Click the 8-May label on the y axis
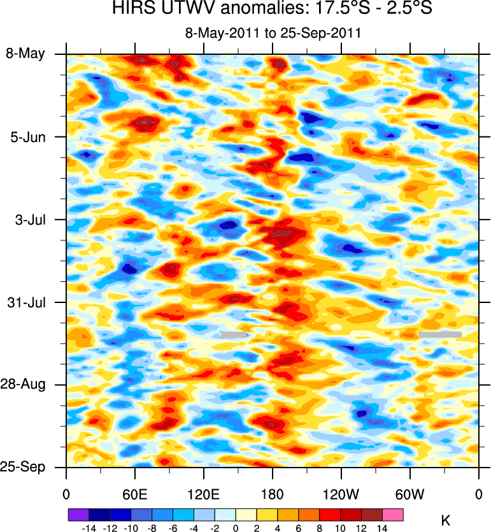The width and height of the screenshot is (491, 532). [x=25, y=54]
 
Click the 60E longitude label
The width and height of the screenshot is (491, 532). [x=135, y=494]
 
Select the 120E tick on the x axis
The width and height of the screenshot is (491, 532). [x=204, y=494]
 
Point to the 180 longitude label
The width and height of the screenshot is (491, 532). [x=273, y=494]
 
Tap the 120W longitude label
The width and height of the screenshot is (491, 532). [x=341, y=494]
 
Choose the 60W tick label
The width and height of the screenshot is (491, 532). [x=410, y=494]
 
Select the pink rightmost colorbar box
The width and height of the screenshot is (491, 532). [x=393, y=514]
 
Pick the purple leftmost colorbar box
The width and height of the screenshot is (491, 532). [x=78, y=514]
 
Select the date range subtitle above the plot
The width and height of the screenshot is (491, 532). [x=273, y=33]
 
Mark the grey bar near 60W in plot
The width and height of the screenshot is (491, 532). [x=440, y=334]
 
